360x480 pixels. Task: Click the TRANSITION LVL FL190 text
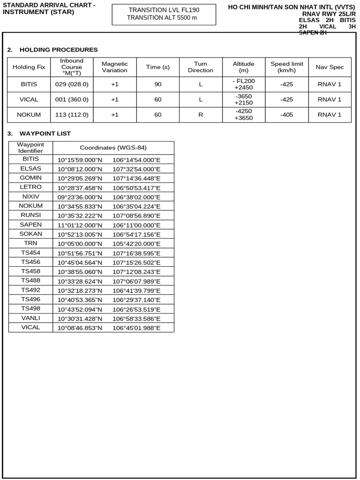click(164, 10)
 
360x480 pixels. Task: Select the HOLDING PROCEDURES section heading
click(59, 50)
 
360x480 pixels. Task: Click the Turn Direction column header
click(200, 67)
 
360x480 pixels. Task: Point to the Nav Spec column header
click(330, 67)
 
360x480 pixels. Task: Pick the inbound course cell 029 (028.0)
click(72, 84)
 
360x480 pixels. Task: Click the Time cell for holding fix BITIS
click(157, 84)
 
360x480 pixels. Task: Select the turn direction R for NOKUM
click(200, 115)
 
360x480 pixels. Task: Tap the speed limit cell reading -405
click(286, 115)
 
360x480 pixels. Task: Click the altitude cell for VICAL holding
click(243, 99)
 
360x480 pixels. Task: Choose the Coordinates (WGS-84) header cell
click(113, 148)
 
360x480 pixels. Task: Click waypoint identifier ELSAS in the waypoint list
click(31, 168)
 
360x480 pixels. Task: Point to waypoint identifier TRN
click(31, 243)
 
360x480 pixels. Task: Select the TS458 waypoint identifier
click(31, 271)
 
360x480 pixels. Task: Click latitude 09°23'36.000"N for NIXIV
click(80, 197)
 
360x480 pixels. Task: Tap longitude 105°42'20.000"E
click(136, 244)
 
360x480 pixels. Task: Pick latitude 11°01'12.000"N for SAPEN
click(80, 225)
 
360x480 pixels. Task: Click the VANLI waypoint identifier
click(31, 318)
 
